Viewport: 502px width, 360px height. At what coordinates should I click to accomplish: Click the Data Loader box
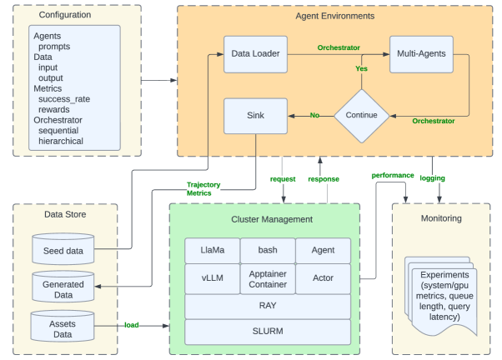[x=255, y=53]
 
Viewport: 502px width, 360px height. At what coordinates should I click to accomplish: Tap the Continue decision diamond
[x=361, y=115]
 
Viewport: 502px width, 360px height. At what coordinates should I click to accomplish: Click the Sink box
[x=255, y=116]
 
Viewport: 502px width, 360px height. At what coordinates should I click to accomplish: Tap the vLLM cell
[x=212, y=277]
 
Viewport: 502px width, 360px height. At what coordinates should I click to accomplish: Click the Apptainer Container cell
[x=268, y=277]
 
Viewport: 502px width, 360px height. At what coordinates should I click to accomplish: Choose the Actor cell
[x=323, y=277]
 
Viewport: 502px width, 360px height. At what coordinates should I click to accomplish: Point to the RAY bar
[x=267, y=306]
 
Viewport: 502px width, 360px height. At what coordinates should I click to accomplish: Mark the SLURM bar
[x=267, y=331]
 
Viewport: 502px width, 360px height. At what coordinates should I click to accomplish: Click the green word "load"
[x=132, y=324]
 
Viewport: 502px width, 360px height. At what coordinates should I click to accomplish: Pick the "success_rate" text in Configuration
[x=67, y=99]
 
